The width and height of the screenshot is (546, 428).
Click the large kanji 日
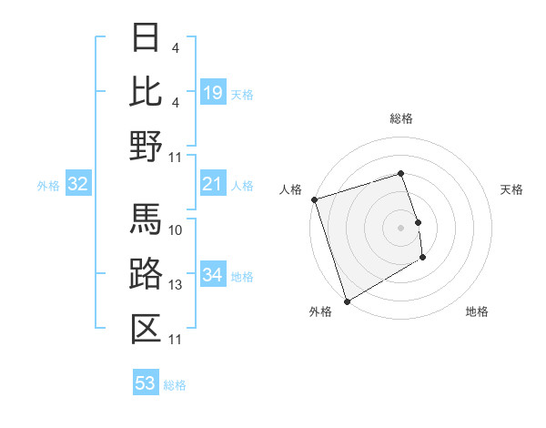146,37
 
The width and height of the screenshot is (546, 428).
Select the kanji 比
146,90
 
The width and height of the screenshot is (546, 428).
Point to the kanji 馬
146,219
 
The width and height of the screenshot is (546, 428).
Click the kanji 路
146,273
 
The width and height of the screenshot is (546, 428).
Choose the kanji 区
146,328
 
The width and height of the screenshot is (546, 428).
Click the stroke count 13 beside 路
176,285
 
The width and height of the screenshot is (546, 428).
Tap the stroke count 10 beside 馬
176,229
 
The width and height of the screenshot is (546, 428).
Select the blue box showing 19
213,93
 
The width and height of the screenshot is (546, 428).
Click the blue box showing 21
213,185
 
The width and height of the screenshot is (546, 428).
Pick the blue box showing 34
213,276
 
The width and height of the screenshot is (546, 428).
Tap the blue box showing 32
78,185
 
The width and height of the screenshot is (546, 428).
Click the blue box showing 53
146,383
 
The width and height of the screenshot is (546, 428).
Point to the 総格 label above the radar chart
400,118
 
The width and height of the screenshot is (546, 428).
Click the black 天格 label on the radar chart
512,189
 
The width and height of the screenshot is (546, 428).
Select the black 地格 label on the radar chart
477,311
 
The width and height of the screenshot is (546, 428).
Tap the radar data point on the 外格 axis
347,301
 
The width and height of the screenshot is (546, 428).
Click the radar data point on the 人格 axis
314,199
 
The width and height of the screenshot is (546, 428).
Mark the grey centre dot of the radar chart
400,227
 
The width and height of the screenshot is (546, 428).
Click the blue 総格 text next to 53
175,385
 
